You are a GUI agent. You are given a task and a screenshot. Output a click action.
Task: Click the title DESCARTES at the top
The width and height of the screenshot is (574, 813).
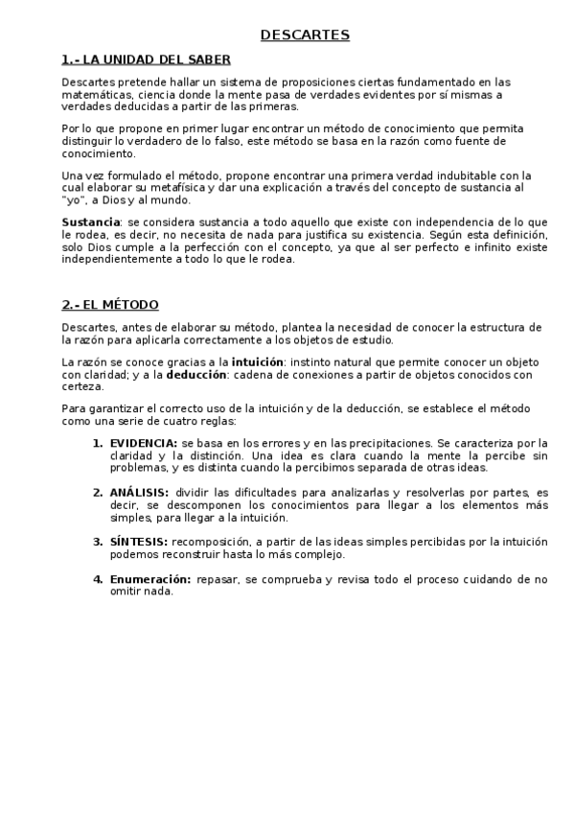pos(306,36)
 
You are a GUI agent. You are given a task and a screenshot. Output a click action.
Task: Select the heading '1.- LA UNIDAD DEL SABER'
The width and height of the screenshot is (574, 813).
pos(146,59)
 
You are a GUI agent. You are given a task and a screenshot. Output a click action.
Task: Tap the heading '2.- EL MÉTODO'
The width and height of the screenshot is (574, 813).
pos(110,305)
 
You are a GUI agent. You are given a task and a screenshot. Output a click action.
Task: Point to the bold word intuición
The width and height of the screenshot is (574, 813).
pos(256,362)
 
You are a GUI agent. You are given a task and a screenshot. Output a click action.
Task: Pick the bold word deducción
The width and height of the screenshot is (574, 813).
pos(203,375)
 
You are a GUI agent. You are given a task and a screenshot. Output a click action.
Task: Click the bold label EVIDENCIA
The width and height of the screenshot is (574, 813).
pos(143,443)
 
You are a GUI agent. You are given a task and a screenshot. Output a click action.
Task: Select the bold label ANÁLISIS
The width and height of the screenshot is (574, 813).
pos(139,492)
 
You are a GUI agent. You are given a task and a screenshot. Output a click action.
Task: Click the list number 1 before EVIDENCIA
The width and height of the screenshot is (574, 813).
pos(97,443)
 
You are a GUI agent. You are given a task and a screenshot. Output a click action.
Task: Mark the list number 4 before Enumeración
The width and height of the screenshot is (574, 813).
pos(97,579)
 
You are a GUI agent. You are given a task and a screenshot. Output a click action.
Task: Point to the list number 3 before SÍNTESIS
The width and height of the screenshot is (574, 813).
pos(97,541)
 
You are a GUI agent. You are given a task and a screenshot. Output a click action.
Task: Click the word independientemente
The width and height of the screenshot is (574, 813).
pos(115,259)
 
